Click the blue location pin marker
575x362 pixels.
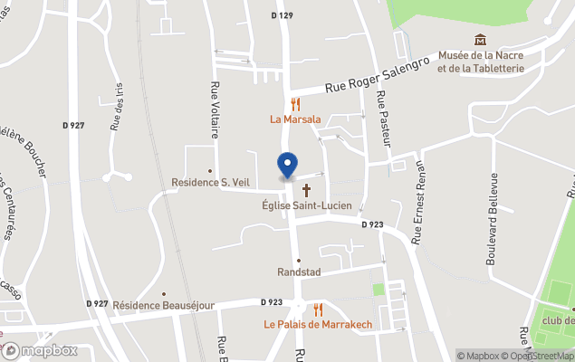point(287,166)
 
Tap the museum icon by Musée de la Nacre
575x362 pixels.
point(480,40)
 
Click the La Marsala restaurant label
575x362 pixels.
point(295,119)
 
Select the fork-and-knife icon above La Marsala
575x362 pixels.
point(295,104)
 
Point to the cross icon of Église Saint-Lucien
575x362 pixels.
point(307,190)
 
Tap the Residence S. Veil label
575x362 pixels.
point(210,182)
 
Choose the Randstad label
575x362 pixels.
point(299,272)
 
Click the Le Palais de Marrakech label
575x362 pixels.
point(318,324)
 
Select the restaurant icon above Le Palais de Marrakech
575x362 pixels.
point(318,310)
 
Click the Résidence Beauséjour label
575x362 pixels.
point(163,306)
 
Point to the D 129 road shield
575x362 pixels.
point(283,16)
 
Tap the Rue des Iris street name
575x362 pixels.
point(117,106)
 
